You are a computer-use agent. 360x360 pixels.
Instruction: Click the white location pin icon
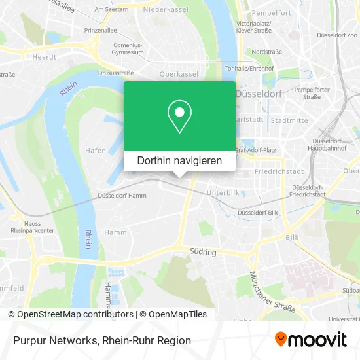click(179, 117)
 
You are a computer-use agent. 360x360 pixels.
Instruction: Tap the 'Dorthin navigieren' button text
click(179, 160)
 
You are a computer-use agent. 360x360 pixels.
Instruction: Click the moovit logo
click(310, 340)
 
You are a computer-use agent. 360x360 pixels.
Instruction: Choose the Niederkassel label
click(166, 10)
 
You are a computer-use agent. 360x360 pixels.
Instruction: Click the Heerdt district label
click(45, 57)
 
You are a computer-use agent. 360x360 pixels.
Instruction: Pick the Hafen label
click(96, 150)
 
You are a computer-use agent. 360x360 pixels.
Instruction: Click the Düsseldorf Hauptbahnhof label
click(329, 145)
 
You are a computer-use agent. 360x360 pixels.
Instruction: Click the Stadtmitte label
click(289, 120)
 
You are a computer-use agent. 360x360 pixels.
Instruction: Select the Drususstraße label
click(115, 73)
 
